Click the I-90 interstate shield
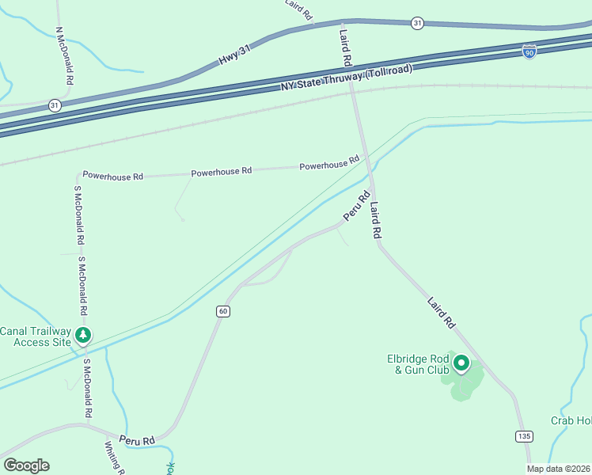click(x=529, y=52)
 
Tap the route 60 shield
click(x=223, y=311)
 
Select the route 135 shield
click(x=523, y=436)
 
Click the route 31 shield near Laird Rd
click(x=417, y=24)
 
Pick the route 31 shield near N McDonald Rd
click(x=54, y=104)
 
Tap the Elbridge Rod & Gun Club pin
click(x=461, y=364)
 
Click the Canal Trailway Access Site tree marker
click(x=83, y=336)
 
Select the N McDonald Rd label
click(x=64, y=55)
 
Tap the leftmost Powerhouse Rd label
click(x=112, y=176)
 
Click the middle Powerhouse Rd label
click(x=221, y=171)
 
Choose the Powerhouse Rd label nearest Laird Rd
click(x=329, y=165)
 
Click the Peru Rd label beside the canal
click(x=356, y=207)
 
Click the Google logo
click(x=26, y=465)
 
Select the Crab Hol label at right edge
click(x=571, y=420)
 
